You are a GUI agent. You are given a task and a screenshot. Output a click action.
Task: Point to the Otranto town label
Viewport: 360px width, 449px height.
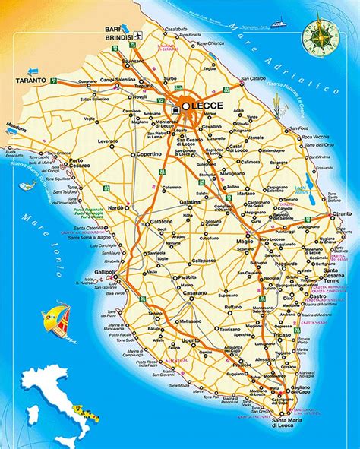[341, 215]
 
